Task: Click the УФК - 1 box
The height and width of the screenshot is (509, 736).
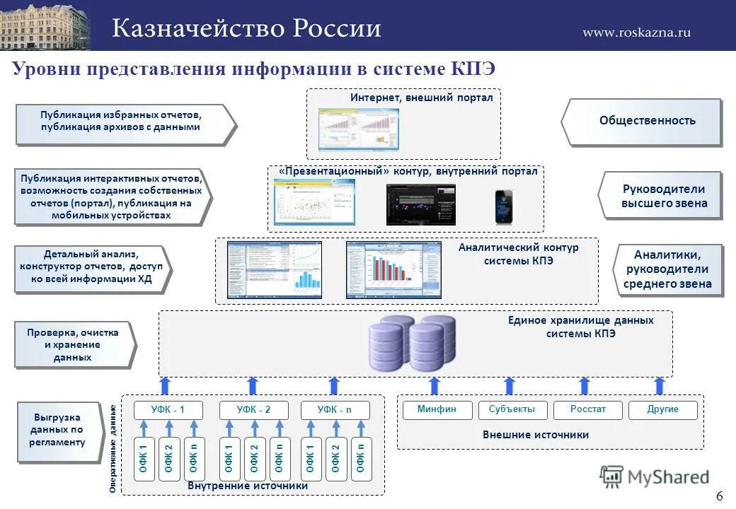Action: pos(168,410)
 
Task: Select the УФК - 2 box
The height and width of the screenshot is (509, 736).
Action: pos(253,410)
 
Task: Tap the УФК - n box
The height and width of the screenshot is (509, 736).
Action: pos(335,410)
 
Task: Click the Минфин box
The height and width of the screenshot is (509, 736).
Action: pos(437,410)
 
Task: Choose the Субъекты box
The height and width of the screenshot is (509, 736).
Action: pos(512,410)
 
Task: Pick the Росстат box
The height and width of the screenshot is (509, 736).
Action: pos(588,410)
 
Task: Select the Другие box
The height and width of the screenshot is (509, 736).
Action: pos(662,410)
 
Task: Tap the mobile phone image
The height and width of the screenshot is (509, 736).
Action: pos(503,206)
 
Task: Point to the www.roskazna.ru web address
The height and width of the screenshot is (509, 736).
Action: pos(636,32)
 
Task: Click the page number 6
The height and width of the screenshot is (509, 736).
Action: pos(719,496)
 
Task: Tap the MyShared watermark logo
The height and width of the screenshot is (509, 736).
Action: pos(655,477)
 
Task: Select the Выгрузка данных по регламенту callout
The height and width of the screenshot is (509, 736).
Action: pos(59,431)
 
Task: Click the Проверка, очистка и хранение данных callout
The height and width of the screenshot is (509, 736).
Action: pos(73,345)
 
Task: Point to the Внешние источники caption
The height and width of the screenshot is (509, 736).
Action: pos(535,435)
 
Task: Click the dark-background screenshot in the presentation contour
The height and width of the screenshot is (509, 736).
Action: pos(420,204)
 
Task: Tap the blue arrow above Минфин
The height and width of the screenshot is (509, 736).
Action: pos(435,385)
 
